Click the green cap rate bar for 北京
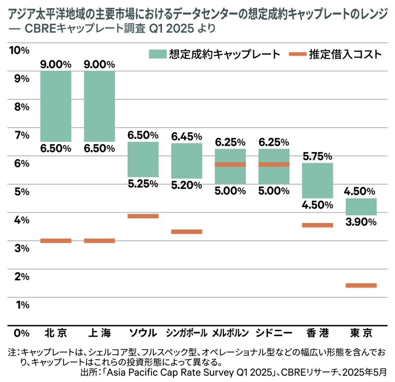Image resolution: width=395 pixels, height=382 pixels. pos(56,106)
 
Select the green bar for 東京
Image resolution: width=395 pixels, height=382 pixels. pos(361,206)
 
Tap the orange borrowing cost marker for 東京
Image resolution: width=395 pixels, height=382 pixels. pos(361,285)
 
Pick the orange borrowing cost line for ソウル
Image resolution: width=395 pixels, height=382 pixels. pos(143,216)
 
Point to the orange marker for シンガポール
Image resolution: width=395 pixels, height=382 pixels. pos(187,232)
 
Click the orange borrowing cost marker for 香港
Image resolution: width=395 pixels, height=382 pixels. pos(318,225)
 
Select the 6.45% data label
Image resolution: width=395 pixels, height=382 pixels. pos(187,136)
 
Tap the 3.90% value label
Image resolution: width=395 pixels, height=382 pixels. pos(361,222)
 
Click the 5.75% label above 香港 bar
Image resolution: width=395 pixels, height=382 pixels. pos(318,156)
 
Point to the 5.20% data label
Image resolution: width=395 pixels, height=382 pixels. pos(187,185)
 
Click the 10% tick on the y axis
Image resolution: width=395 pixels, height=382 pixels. pos(19,50)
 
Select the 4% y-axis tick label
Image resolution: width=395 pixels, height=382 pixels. pos(22,220)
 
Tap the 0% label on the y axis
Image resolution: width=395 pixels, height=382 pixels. pos(22,333)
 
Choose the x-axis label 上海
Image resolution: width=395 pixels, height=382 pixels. pos(99,333)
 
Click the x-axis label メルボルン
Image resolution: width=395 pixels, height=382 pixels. pos(230,333)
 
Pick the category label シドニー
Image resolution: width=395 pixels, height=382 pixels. pos(274,333)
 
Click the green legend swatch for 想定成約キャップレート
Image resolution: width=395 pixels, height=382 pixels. pos(157,54)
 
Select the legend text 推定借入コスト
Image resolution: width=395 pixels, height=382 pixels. pos(345,54)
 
